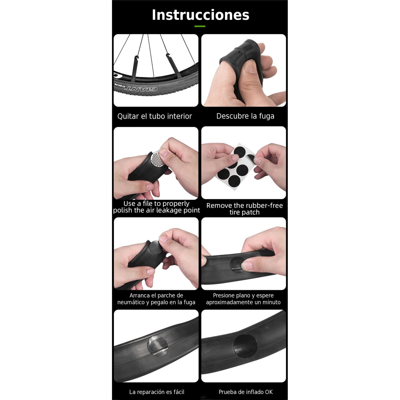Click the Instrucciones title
point(200,15)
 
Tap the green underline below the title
point(200,26)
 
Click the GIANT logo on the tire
point(141,89)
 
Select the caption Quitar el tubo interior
point(154,116)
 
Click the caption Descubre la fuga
point(245,116)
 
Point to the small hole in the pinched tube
point(239,52)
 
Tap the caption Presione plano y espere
point(243,295)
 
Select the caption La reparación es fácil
point(156,392)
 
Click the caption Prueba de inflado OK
point(245,392)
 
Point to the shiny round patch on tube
point(157,345)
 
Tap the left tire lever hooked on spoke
point(135,67)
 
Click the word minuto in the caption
point(271,302)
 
